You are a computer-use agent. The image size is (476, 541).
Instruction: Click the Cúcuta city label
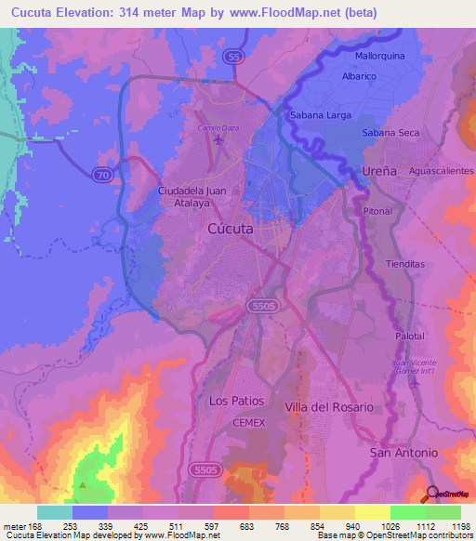229,228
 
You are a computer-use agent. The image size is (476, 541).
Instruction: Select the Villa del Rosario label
329,407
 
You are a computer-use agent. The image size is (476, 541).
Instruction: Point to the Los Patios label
236,402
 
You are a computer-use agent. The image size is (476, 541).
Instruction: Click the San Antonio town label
403,453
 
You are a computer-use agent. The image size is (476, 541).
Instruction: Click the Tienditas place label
404,264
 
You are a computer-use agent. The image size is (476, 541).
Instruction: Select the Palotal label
409,336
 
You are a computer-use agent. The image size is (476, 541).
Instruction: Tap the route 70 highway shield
100,173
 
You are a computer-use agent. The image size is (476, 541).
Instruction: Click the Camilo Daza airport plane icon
218,140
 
